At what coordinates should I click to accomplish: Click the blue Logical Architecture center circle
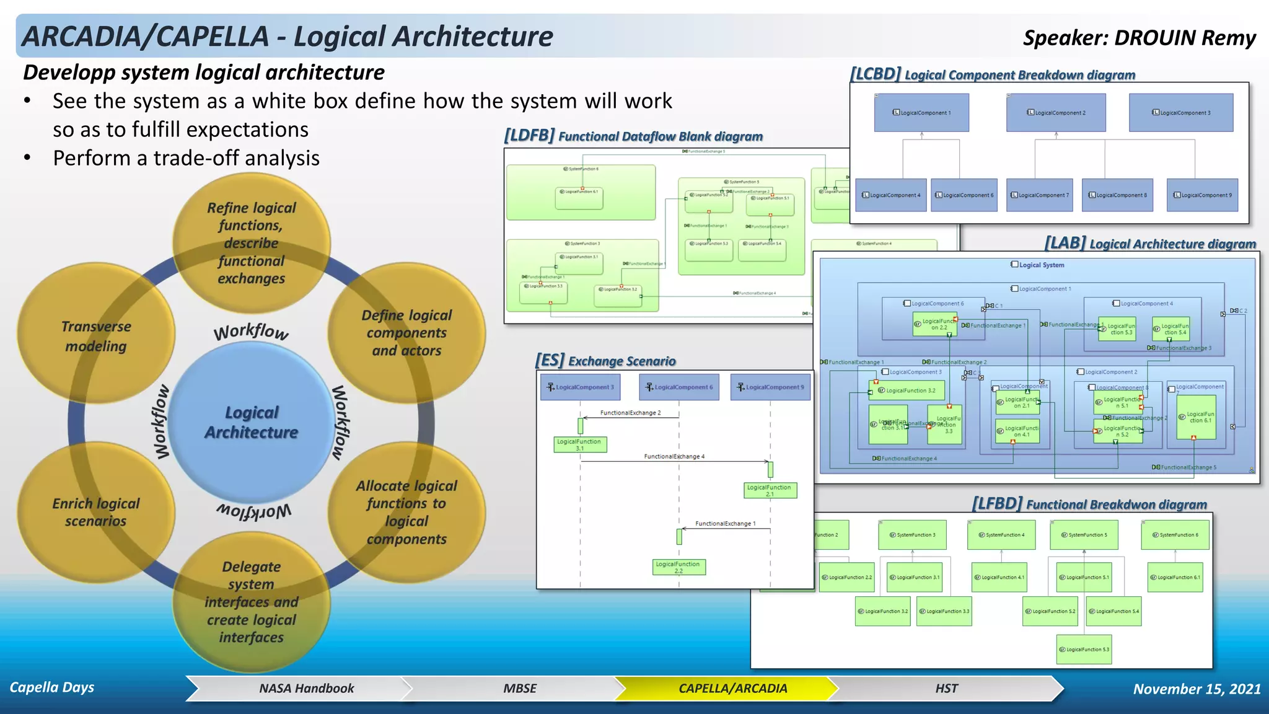point(252,423)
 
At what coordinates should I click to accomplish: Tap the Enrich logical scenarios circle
point(96,513)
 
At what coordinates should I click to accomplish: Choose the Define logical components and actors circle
point(406,333)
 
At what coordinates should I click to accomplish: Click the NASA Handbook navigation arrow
point(306,689)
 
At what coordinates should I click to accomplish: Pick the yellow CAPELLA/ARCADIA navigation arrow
point(732,689)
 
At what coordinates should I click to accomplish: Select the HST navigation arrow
point(946,689)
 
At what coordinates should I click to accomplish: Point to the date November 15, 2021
point(1197,689)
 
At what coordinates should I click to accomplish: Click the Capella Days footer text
point(52,687)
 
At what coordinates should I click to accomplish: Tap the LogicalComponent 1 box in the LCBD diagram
point(921,112)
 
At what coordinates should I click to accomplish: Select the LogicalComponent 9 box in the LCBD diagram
point(1202,195)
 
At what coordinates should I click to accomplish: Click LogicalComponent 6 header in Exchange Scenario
point(679,387)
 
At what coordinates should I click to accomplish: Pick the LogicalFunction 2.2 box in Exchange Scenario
point(678,567)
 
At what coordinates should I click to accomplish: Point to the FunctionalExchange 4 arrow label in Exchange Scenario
point(674,457)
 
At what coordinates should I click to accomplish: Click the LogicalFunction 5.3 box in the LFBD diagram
point(1084,650)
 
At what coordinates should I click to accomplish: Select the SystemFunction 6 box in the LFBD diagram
point(1175,535)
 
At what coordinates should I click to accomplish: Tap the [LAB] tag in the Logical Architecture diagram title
point(1065,243)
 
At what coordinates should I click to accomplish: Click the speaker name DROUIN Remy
point(1184,38)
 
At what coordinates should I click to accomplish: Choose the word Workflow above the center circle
point(252,332)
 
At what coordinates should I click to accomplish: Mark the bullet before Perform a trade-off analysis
point(27,158)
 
